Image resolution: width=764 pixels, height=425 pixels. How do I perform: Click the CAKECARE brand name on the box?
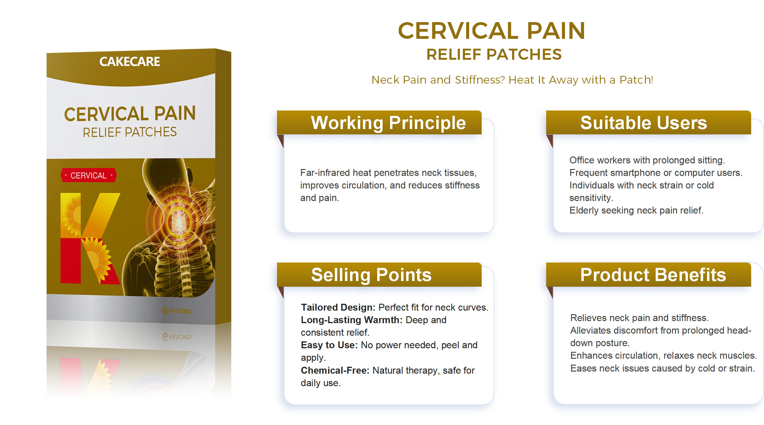(130, 62)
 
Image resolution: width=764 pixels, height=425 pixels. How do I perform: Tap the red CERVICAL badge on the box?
(89, 175)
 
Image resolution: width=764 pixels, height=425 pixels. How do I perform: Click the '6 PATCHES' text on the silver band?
(177, 311)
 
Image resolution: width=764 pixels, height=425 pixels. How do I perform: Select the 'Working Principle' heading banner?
(379, 123)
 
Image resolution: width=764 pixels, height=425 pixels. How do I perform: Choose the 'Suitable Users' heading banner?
(649, 123)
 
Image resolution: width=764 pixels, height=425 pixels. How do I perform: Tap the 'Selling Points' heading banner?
(379, 275)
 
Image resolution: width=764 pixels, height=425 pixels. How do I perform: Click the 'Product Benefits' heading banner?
(649, 275)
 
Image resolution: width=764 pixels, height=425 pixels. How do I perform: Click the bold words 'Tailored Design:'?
(338, 307)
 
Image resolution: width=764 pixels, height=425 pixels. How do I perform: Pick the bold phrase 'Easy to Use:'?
(329, 345)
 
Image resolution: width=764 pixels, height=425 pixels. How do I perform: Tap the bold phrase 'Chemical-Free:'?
(335, 370)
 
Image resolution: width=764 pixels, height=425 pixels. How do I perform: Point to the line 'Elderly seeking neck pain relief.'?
(636, 210)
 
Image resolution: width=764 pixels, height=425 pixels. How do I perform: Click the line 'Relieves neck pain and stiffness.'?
(639, 318)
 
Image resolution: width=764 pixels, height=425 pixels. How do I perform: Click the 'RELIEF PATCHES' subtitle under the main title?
(494, 54)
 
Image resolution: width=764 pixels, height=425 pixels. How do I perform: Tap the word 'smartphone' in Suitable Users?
(636, 173)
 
